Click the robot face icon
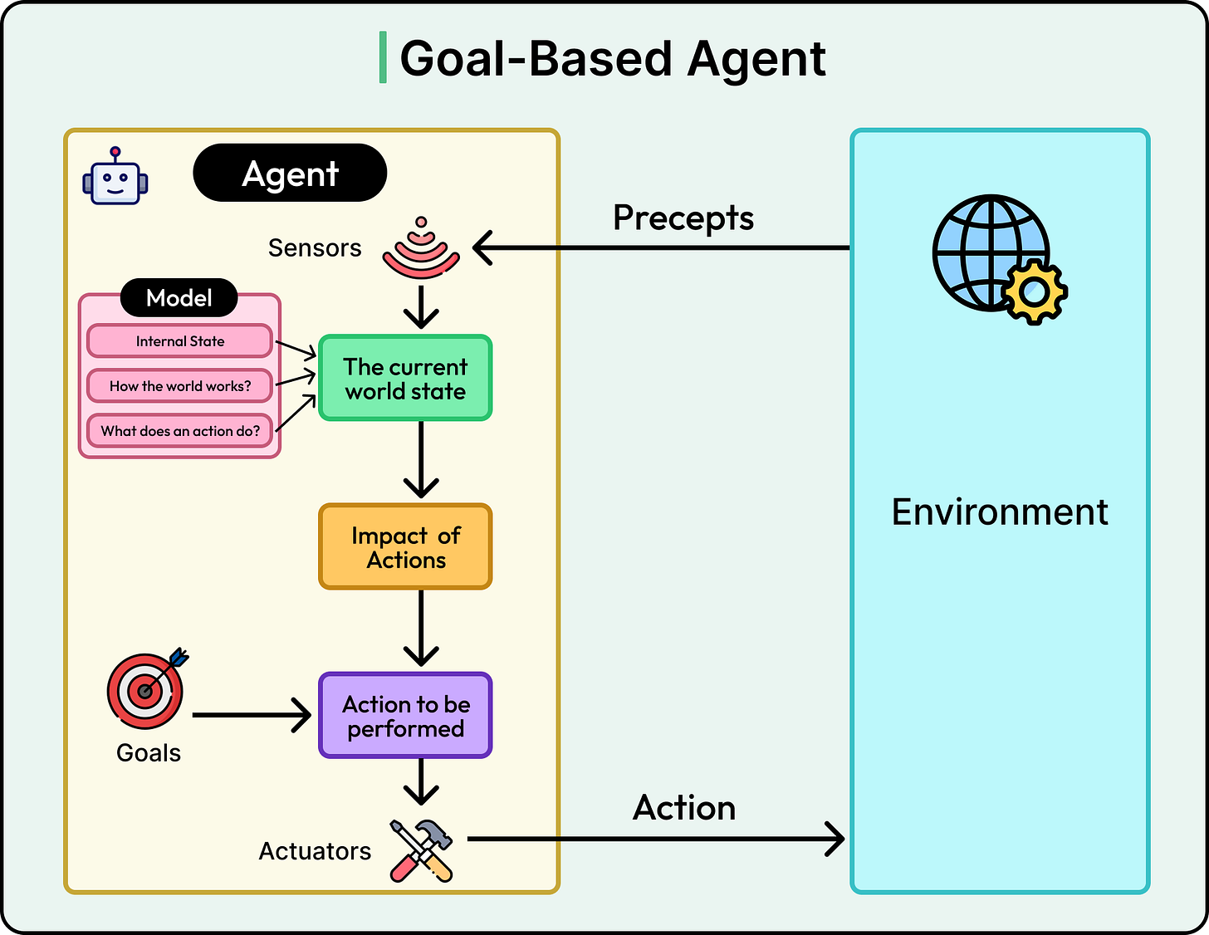click(x=115, y=177)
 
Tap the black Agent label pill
click(x=290, y=174)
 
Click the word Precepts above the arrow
click(x=683, y=218)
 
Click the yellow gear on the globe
click(x=1034, y=291)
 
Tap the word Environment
click(x=1000, y=512)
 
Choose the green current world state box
click(x=405, y=379)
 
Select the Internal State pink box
click(x=180, y=341)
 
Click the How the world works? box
click(x=180, y=386)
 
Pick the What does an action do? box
click(x=180, y=431)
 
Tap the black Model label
click(x=179, y=298)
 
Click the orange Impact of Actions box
click(x=405, y=547)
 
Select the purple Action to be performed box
click(x=405, y=716)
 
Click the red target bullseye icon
click(x=146, y=690)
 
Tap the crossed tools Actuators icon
click(x=422, y=849)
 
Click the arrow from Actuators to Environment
click(x=656, y=839)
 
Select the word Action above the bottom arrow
click(x=684, y=808)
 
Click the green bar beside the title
click(x=383, y=58)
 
